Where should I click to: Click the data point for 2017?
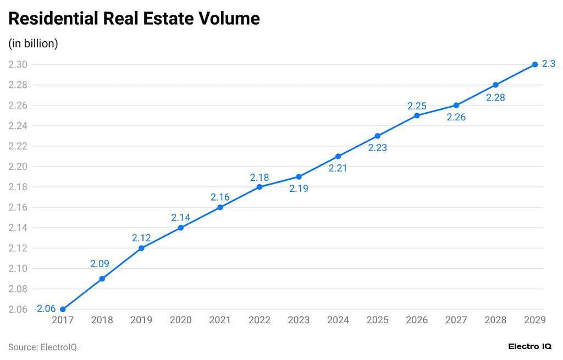[x=63, y=309]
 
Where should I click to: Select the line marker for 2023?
[x=299, y=177]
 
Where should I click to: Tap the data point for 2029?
[x=535, y=65]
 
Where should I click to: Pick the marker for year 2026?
[x=417, y=115]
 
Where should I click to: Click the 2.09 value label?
[x=100, y=264]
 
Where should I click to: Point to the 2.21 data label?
[x=338, y=168]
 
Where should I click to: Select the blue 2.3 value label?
[x=548, y=64]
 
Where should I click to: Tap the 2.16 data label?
[x=220, y=197]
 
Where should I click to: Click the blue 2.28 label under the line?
[x=495, y=98]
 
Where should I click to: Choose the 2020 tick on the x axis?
[x=180, y=320]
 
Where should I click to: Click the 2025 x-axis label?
[x=377, y=320]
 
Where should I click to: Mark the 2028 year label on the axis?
[x=495, y=320]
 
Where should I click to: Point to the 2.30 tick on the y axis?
[x=18, y=64]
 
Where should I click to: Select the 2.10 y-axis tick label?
[x=18, y=269]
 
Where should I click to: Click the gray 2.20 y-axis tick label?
[x=18, y=167]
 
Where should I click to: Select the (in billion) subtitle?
[x=33, y=43]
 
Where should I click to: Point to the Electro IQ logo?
[x=529, y=347]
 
